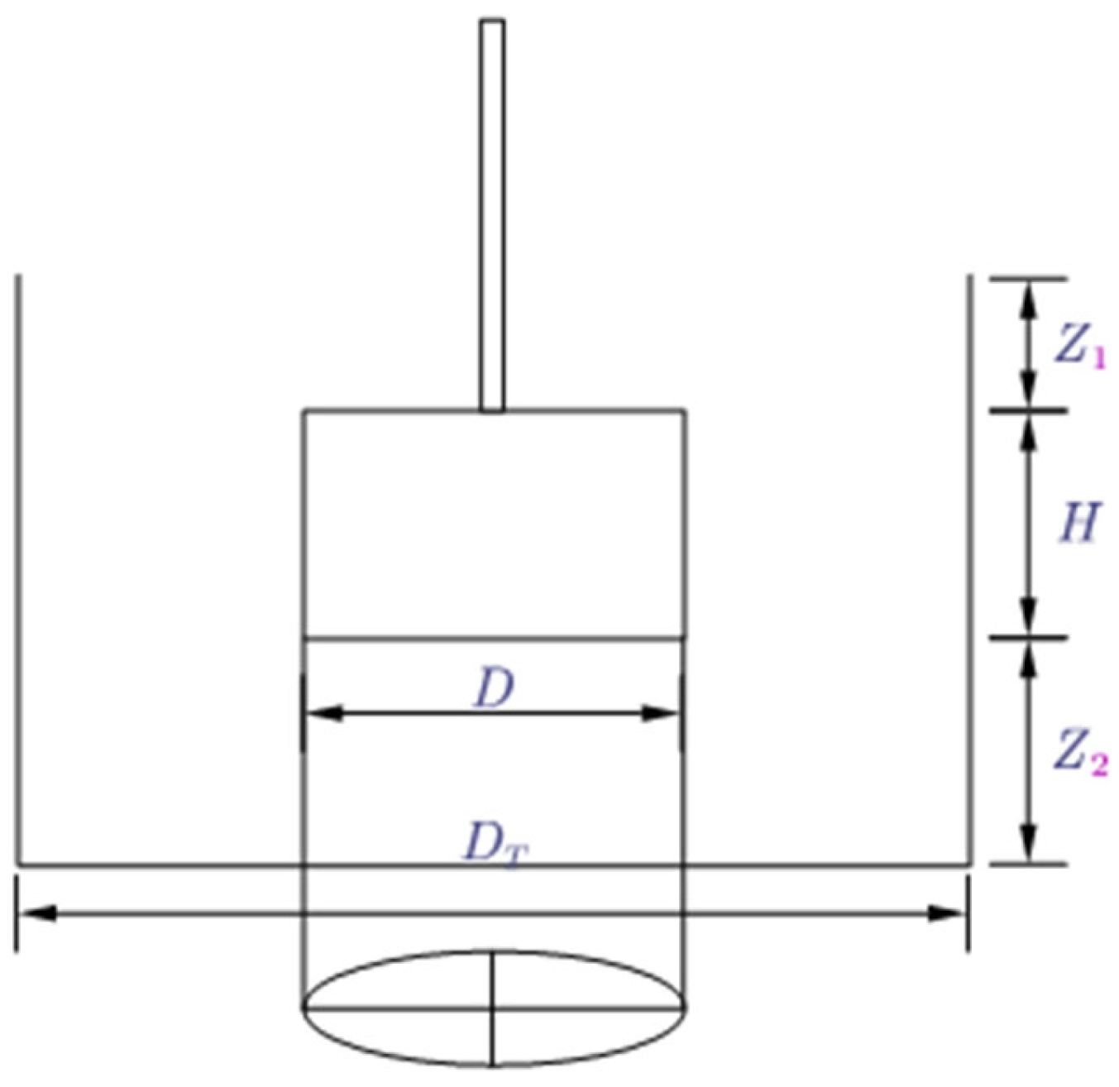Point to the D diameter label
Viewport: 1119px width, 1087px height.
[493, 688]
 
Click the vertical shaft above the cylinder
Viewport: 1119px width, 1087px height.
[492, 215]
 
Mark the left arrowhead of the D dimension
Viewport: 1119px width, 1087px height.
[323, 713]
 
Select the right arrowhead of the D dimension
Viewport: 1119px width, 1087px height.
[662, 713]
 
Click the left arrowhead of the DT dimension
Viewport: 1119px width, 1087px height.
[37, 913]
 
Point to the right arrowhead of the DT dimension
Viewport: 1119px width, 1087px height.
[947, 913]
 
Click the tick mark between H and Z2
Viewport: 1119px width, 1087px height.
[1028, 637]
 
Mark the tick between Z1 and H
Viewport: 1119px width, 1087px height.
[1028, 409]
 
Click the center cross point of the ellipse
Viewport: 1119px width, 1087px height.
[493, 1008]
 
